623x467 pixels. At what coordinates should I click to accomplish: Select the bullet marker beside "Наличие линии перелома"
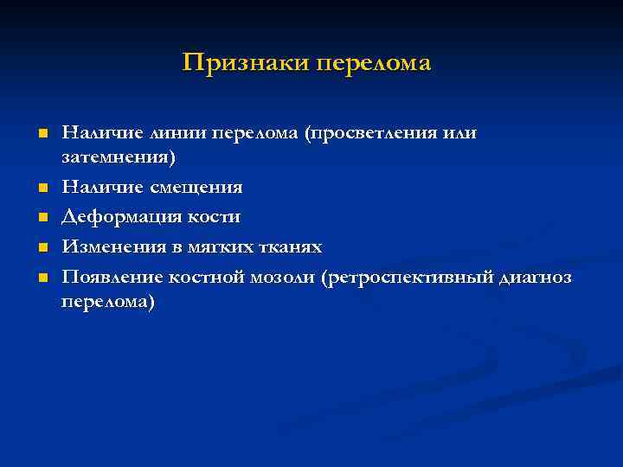[x=42, y=134]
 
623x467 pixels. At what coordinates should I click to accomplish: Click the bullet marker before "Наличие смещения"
[x=42, y=187]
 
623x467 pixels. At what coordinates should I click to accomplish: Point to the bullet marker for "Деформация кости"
[x=42, y=217]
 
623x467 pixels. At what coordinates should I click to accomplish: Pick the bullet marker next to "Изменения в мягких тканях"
[x=42, y=247]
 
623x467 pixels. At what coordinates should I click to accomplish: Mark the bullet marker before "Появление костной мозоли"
[x=42, y=278]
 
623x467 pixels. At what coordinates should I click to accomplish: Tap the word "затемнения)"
[x=119, y=158]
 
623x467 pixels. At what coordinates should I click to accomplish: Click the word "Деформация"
[x=119, y=217]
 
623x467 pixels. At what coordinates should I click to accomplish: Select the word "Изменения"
[x=112, y=247]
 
